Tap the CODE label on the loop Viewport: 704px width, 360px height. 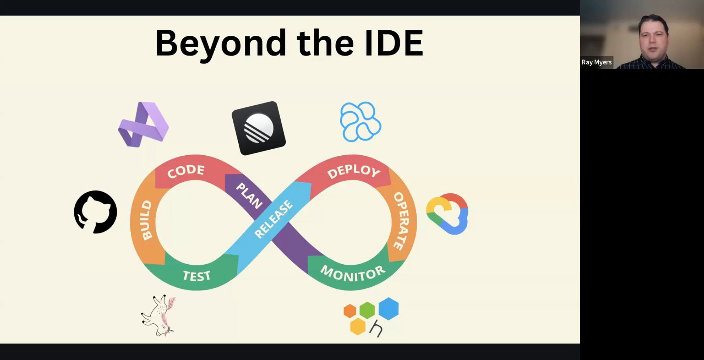[x=185, y=171]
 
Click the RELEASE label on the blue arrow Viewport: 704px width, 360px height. [x=274, y=219]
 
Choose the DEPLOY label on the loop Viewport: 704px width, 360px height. [x=353, y=171]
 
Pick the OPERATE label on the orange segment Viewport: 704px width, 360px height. [x=401, y=221]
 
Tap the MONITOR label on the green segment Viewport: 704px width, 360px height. [x=353, y=274]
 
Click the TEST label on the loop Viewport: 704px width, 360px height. [x=196, y=276]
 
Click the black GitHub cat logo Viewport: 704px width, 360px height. [x=95, y=212]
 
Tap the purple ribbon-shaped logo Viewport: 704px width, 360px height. [x=143, y=125]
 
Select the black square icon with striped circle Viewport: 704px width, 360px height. [x=259, y=128]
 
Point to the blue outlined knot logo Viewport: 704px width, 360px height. [x=360, y=122]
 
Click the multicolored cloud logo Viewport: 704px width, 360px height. [x=447, y=214]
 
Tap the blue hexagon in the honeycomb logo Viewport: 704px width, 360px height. [x=389, y=308]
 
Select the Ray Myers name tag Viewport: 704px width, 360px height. [x=597, y=62]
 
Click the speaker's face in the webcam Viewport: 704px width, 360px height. [x=654, y=38]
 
